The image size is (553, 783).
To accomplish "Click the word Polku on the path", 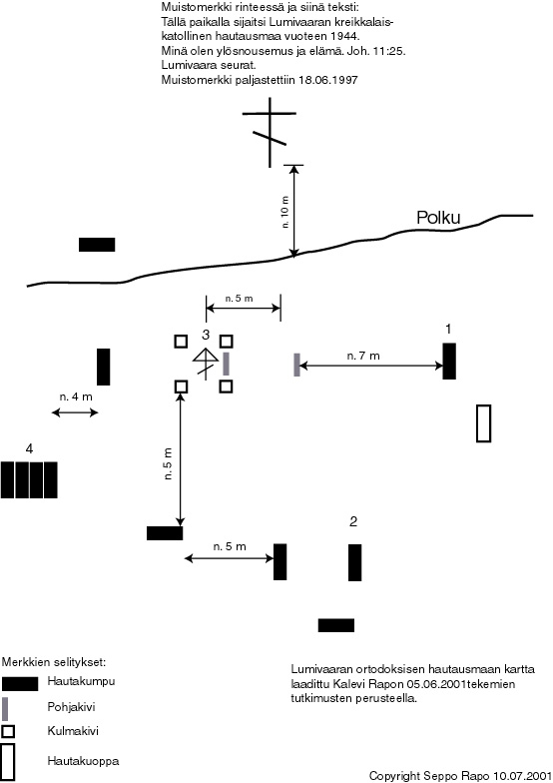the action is click(x=438, y=218).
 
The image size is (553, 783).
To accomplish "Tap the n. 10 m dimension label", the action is click(x=285, y=212).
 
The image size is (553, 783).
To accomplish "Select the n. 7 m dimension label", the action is click(x=363, y=356).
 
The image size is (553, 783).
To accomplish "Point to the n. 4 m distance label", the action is click(x=76, y=397).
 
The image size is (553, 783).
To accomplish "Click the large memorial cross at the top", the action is click(x=270, y=132).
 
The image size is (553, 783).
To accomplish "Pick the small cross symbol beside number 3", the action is click(x=206, y=363).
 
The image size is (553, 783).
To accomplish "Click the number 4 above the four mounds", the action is click(x=30, y=449).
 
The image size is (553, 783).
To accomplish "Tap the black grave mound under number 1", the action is click(x=449, y=362).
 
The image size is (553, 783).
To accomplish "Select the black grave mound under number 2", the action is click(x=355, y=562).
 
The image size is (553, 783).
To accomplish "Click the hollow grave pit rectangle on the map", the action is click(x=483, y=423).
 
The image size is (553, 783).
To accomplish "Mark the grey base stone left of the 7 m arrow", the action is click(x=297, y=365).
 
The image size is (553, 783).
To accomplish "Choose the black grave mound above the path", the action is click(x=97, y=245).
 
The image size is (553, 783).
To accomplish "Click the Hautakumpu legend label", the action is click(x=81, y=681).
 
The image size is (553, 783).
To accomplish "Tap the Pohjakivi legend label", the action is click(x=71, y=707).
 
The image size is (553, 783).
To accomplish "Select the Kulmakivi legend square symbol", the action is click(x=8, y=731).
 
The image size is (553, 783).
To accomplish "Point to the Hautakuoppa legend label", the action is click(x=84, y=761).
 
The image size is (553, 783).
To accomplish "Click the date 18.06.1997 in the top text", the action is click(x=328, y=80).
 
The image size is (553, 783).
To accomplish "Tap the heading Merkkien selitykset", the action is click(x=54, y=663).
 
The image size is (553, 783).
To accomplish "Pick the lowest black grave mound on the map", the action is click(x=336, y=625).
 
